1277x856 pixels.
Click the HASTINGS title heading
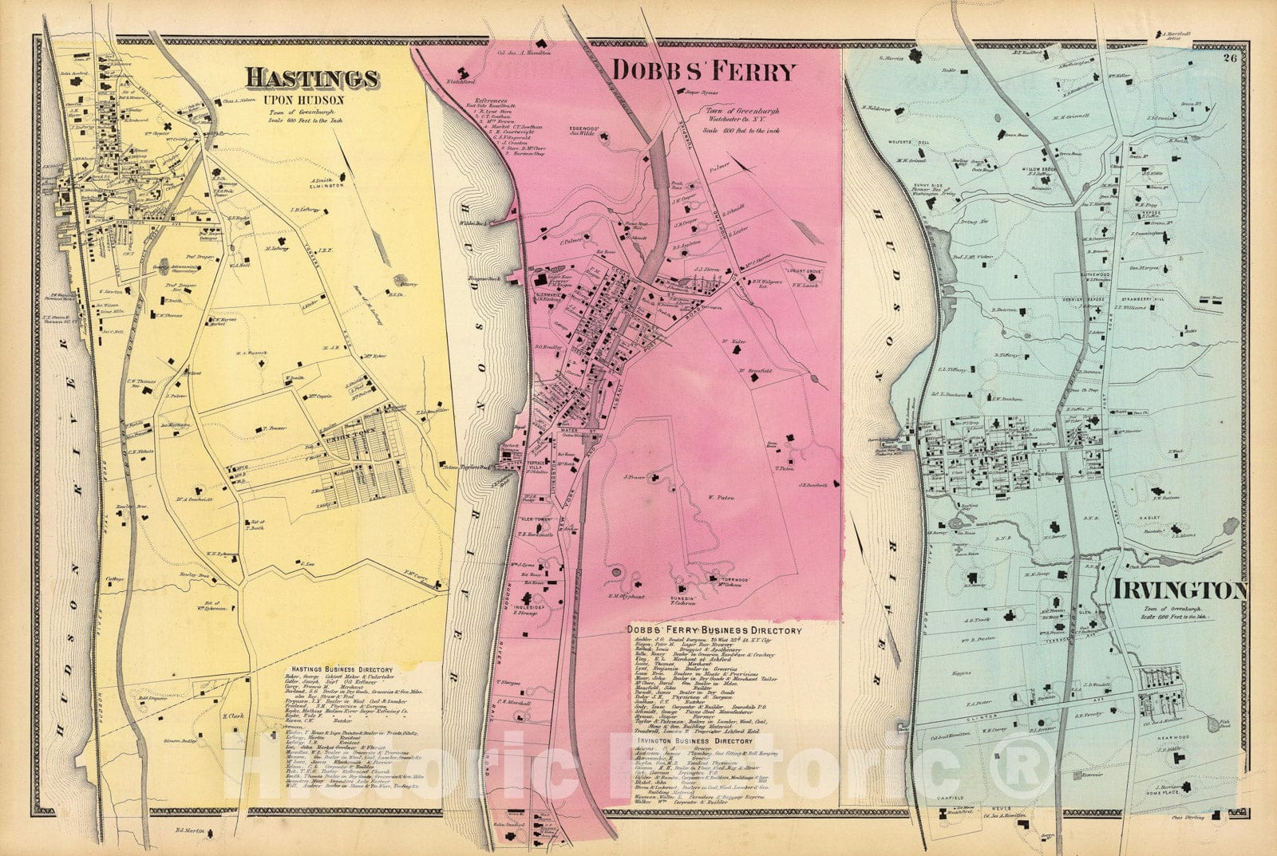(x=311, y=78)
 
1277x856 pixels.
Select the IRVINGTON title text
(x=1177, y=590)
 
